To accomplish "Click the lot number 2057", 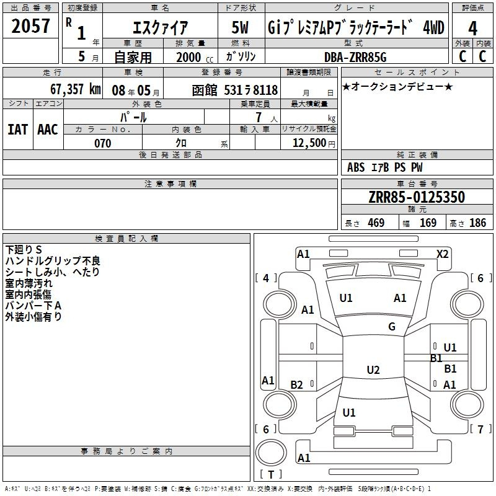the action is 30,26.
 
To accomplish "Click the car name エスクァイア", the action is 160,27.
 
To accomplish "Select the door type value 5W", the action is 240,27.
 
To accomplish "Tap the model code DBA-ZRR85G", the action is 355,57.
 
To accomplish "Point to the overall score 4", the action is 472,29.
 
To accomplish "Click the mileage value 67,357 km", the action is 76,89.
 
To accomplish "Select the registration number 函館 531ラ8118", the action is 235,91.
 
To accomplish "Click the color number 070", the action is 103,143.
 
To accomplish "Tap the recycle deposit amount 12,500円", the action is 314,143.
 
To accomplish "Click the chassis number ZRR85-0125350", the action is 417,197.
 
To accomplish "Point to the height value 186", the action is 477,223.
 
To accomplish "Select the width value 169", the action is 428,223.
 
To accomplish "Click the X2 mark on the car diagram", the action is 442,254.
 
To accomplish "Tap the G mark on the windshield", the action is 392,326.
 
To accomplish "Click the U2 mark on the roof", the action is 373,370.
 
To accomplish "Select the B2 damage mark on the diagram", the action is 297,384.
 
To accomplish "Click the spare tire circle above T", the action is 271,453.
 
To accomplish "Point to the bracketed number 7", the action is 480,429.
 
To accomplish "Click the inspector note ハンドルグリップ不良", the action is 53,260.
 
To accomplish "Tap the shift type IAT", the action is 18,130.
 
